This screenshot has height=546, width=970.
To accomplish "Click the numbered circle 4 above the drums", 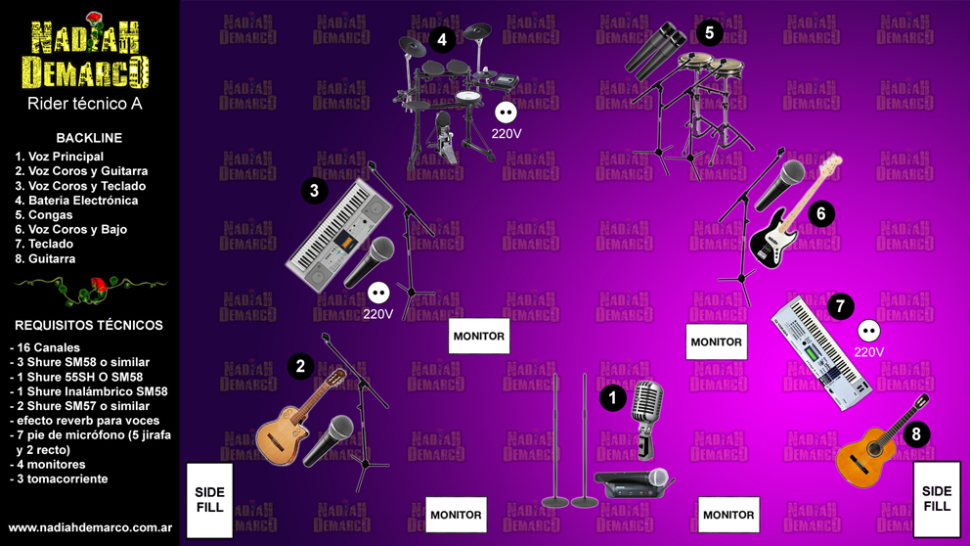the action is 442,39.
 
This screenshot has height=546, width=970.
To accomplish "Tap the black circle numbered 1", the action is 613,398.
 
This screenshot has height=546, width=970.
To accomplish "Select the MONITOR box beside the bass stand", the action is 717,341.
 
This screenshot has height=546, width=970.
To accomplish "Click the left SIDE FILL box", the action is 209,500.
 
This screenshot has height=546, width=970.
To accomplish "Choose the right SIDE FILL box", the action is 937,499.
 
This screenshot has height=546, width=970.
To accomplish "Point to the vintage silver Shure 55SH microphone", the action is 646,419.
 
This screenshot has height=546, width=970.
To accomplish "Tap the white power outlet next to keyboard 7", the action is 869,331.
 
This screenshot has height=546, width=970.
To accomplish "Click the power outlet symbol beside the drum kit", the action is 507,113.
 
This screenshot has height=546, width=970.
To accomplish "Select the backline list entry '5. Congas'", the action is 44,215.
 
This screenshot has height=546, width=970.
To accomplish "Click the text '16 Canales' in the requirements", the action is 48,348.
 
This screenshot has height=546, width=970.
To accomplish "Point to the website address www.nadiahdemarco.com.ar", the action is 90,528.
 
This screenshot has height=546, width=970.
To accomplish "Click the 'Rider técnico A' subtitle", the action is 85,104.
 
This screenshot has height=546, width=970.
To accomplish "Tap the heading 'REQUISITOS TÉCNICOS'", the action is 89,325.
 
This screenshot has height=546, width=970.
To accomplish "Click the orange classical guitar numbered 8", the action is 881,440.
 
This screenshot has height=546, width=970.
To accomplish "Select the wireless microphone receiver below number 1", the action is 632,483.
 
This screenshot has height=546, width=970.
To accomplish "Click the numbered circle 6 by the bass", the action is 821,214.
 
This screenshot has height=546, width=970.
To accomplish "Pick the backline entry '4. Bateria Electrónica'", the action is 76,201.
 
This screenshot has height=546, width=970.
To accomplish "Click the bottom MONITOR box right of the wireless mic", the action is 728,515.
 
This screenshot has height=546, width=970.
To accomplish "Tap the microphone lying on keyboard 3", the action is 370,262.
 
